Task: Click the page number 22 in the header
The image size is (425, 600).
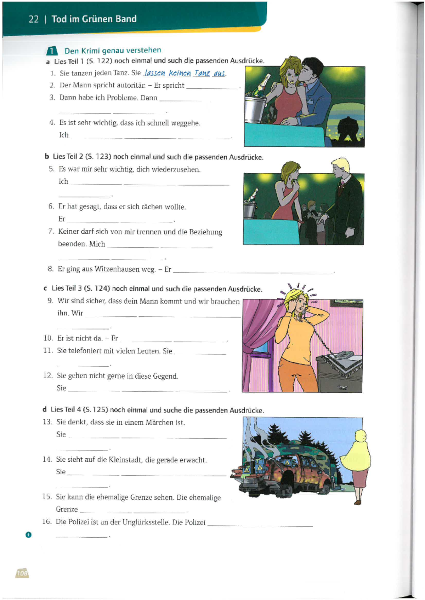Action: coord(33,19)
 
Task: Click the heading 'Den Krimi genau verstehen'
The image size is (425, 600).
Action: coord(113,50)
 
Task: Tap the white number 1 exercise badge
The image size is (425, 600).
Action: coord(52,51)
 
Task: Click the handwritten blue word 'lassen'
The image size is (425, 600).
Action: coord(154,73)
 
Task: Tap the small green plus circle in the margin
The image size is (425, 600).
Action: coord(28,535)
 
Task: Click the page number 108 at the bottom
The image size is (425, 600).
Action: coord(22,573)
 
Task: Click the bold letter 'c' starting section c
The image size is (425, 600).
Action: coord(45,289)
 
